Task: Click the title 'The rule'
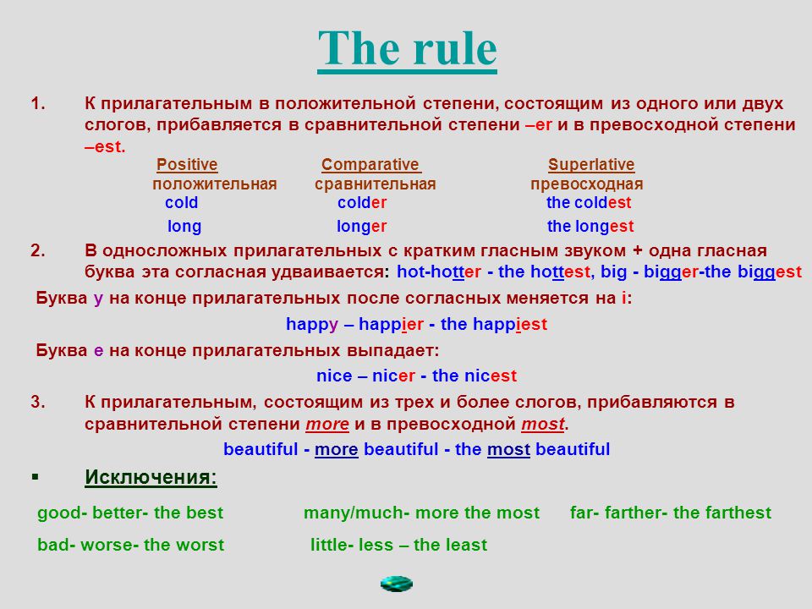coord(407,49)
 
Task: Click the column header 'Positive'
coord(187,164)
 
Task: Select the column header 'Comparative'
coord(370,164)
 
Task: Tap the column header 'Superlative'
coord(591,164)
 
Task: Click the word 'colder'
coord(362,202)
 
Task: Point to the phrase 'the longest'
coord(590,227)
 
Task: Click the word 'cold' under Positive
coord(181,202)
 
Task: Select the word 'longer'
coord(361,227)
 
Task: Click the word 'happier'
coord(391,325)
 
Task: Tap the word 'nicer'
coord(393,376)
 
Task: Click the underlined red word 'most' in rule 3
coord(543,424)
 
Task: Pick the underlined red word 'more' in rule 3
coord(327,424)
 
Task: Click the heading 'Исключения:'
coord(151,477)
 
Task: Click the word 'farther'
coord(636,513)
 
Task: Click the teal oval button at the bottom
coord(397,584)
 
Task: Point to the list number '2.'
coord(38,250)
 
